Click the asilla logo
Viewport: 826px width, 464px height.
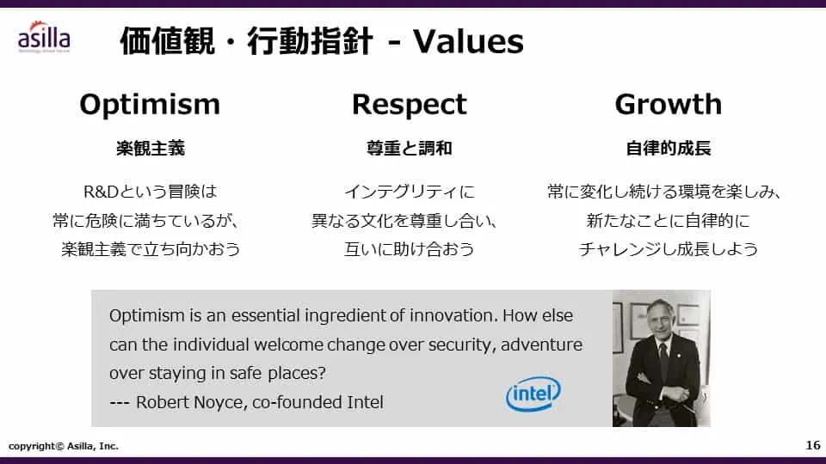point(44,37)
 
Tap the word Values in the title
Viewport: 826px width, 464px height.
point(468,41)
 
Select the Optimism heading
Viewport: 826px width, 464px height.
point(150,105)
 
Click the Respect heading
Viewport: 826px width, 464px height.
point(410,105)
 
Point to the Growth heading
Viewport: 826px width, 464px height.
point(668,105)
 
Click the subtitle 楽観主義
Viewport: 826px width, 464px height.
point(151,149)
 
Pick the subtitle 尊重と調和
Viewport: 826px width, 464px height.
point(410,149)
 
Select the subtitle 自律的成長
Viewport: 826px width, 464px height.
point(669,149)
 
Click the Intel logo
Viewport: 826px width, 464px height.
point(533,394)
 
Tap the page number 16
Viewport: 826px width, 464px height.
point(813,445)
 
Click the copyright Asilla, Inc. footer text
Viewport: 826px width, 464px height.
point(63,446)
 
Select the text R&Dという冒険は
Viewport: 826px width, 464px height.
point(150,192)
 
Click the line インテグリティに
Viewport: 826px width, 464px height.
point(410,192)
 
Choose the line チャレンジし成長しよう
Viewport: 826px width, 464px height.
point(669,249)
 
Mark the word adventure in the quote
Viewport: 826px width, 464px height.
point(541,345)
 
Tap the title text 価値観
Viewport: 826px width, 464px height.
point(167,41)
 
